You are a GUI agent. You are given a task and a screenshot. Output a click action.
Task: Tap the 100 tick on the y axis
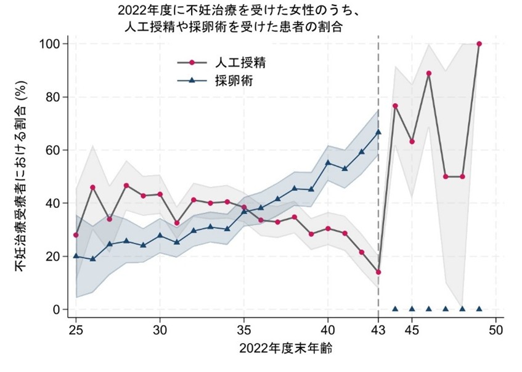51,44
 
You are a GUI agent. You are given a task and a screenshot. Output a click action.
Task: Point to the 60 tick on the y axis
54,150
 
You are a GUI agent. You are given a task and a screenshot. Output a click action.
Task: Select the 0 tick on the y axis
57,309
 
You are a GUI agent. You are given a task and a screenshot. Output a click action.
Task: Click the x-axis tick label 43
378,330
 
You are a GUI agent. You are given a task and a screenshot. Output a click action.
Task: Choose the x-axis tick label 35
243,330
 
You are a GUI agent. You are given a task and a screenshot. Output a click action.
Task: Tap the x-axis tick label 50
495,330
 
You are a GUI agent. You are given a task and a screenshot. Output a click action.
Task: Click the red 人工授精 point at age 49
479,44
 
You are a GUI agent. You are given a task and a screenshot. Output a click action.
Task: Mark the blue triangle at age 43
378,132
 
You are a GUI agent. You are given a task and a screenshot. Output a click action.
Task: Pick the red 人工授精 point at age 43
378,272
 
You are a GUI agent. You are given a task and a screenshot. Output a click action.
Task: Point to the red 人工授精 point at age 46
428,73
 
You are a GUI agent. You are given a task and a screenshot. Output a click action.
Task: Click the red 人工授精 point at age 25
76,235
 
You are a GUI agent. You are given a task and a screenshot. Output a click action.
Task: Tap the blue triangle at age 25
76,255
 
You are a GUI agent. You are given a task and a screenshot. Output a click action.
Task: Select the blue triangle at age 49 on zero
479,308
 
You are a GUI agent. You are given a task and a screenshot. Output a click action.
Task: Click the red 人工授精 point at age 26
92,188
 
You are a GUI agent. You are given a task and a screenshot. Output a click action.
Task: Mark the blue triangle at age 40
327,162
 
